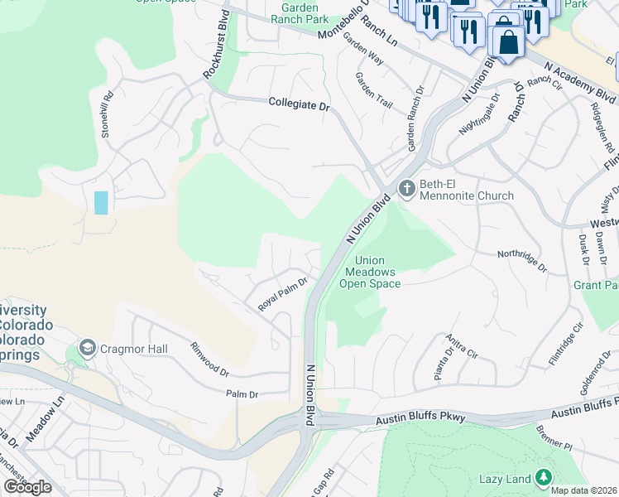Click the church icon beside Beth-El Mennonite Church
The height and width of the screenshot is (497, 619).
pos(406,189)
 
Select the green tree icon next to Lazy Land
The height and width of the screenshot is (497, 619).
pos(543,477)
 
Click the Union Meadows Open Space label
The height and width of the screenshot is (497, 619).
pos(370,272)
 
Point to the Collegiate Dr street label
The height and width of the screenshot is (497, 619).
pos(299,104)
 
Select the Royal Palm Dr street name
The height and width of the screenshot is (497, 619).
pos(282,293)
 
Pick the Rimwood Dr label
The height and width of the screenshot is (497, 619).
pos(209,359)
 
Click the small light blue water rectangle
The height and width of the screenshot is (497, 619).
pos(101,203)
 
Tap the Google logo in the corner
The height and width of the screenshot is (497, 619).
pos(28,487)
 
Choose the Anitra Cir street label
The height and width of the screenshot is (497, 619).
pos(462,346)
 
